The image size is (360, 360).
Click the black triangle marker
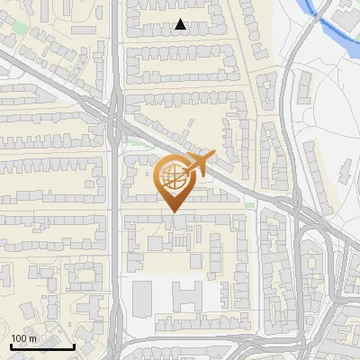pos(181,25)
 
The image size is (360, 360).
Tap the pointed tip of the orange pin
pos(172,211)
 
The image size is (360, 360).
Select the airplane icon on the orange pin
pos(199,164)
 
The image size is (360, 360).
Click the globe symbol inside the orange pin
pos(171,175)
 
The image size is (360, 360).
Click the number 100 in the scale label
pos(21,338)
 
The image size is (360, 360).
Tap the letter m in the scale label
pos(33,338)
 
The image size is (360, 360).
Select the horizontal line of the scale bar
pos(42,346)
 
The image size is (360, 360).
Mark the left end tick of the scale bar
pos(11,345)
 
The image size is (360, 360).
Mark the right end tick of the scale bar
pos(74,345)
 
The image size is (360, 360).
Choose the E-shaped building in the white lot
pos(188,295)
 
